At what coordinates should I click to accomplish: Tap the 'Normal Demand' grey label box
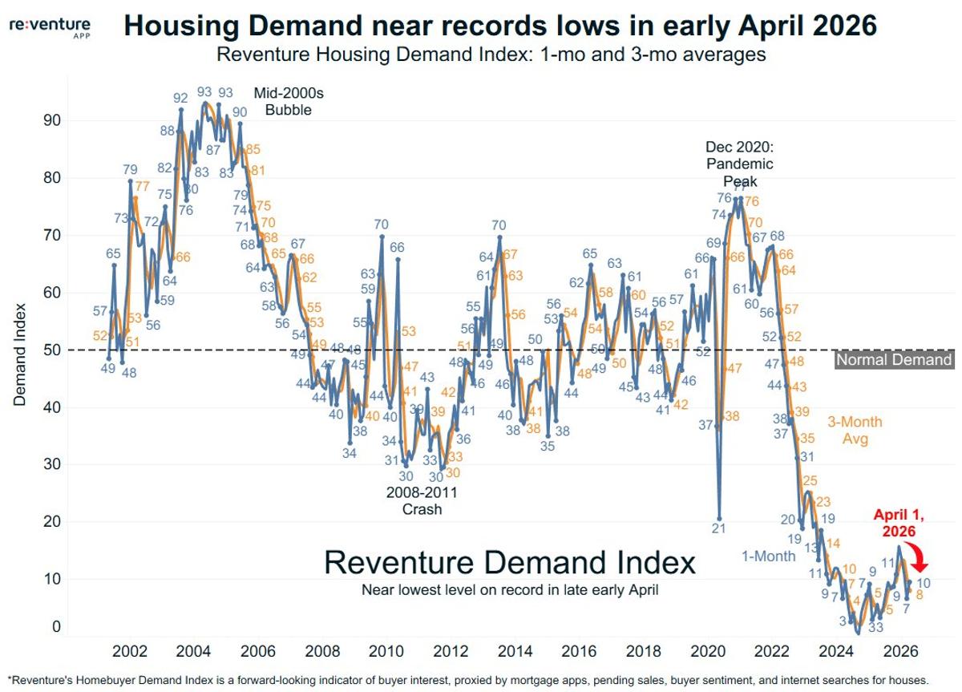point(894,360)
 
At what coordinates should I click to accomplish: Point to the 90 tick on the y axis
point(51,120)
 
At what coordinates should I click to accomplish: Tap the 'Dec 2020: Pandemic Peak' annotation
point(739,164)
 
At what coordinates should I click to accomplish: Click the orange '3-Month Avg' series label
point(855,429)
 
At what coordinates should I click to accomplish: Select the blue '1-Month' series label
point(768,556)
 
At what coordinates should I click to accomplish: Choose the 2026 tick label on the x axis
point(900,649)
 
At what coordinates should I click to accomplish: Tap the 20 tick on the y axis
point(51,521)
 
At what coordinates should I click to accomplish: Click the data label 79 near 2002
point(131,169)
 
